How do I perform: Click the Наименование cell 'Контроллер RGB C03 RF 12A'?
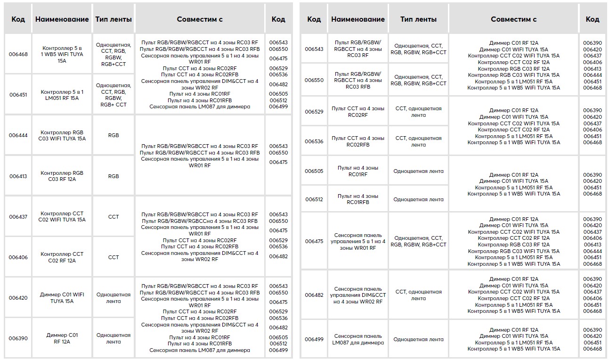click(62, 176)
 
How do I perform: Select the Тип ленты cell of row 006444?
click(114, 135)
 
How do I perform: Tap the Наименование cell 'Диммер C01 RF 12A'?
click(62, 338)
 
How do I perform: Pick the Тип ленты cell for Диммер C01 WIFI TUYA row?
click(114, 298)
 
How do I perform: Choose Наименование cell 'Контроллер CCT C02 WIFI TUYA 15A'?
click(62, 217)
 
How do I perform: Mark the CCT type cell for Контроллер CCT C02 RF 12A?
click(114, 257)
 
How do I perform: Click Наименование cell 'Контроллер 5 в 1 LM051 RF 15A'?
click(62, 95)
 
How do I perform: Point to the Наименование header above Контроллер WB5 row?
click(62, 19)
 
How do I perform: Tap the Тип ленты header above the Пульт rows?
click(418, 19)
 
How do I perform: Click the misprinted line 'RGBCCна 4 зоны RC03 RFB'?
click(200, 221)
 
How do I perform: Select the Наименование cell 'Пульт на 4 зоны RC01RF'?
click(358, 171)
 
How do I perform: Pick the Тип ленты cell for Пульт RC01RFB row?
click(418, 199)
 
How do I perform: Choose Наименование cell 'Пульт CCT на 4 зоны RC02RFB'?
click(358, 141)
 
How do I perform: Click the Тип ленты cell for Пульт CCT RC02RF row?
click(418, 112)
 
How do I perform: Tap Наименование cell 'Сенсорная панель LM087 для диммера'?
click(358, 339)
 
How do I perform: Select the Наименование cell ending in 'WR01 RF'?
click(358, 241)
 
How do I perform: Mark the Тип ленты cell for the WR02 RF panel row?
click(418, 295)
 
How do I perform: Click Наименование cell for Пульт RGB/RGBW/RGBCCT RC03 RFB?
click(358, 80)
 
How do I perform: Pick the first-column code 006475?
click(314, 241)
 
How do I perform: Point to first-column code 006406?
click(18, 257)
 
